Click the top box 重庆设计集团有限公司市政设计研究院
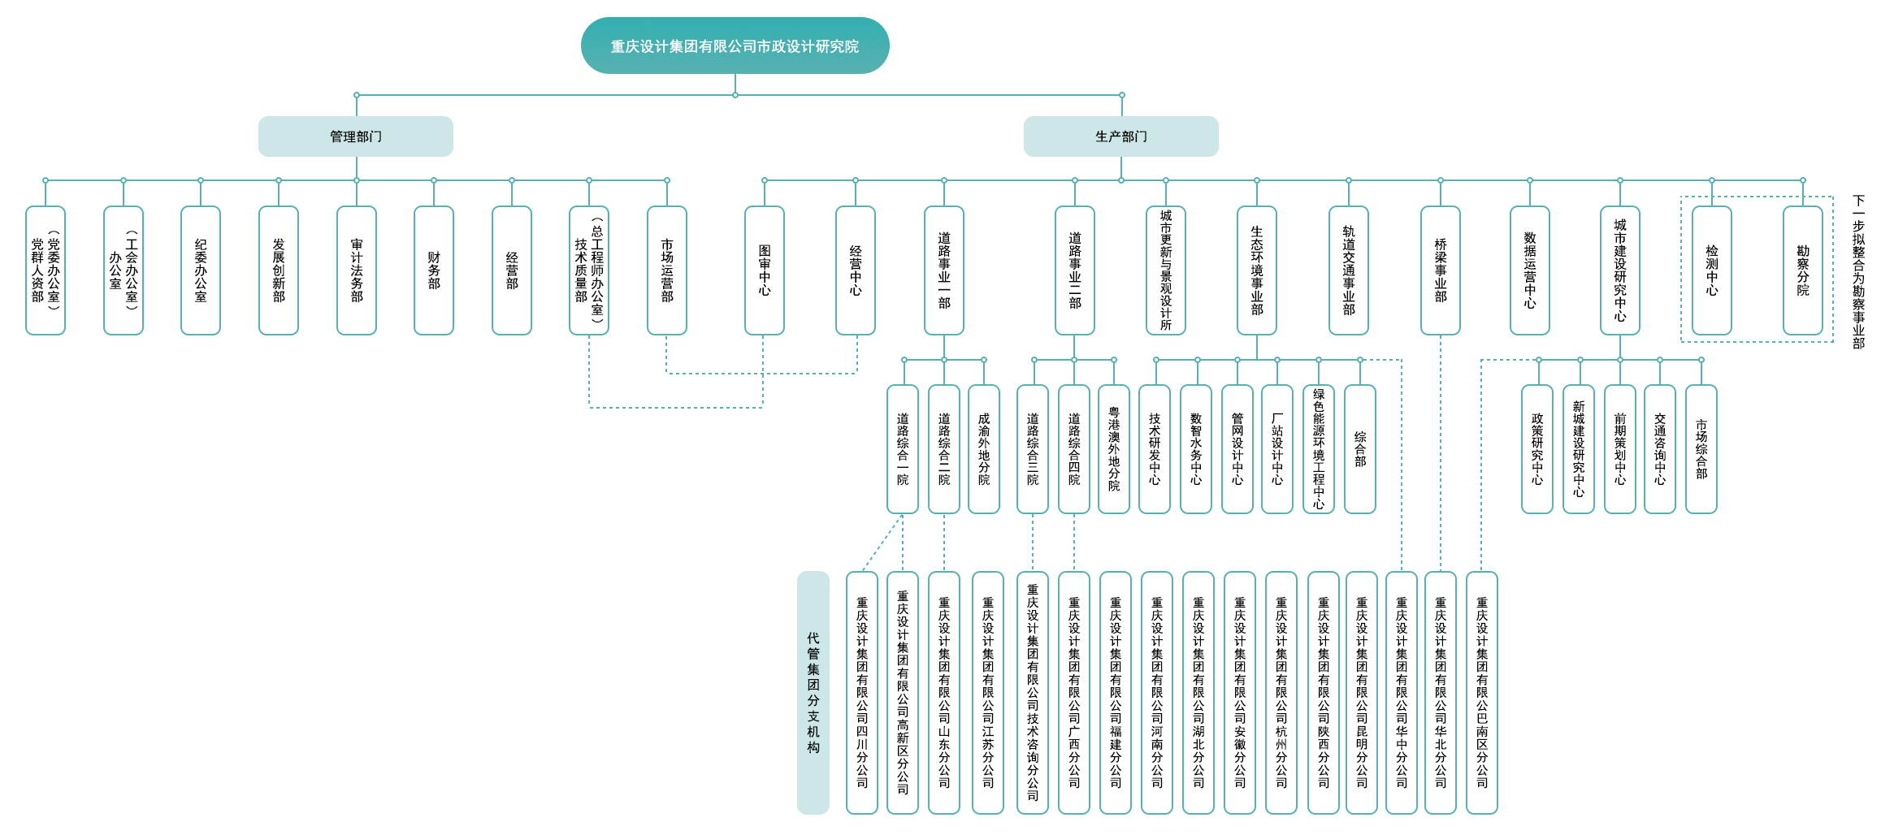click(735, 46)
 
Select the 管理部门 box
click(356, 136)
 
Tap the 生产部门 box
click(1120, 136)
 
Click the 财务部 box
click(434, 270)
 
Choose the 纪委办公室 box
click(201, 270)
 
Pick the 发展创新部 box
click(279, 270)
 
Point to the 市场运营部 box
click(667, 270)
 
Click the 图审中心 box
click(765, 270)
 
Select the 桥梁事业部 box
click(1441, 270)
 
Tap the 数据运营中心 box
click(1530, 270)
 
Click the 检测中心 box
click(1712, 270)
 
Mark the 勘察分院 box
click(1803, 270)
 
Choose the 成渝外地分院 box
click(984, 449)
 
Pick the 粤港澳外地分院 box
click(1114, 449)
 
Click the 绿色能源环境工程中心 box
click(1319, 449)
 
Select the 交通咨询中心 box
click(1660, 449)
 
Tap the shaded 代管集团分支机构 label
click(813, 693)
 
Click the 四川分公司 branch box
click(862, 693)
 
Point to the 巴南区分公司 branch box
click(1482, 693)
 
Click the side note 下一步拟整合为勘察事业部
click(1858, 272)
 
